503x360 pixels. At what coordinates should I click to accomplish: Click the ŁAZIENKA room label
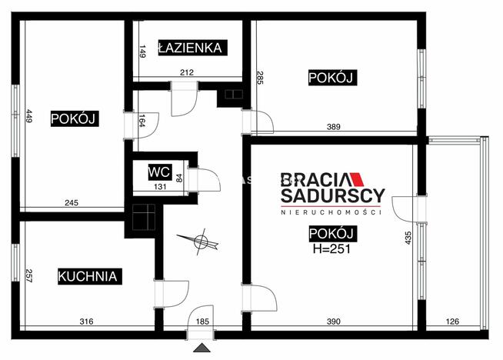click(190, 48)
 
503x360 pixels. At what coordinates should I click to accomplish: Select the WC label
click(160, 172)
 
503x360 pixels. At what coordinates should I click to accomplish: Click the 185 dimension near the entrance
click(203, 322)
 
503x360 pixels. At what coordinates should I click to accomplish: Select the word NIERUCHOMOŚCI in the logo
click(331, 212)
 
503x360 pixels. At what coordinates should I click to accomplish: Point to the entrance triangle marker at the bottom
click(202, 350)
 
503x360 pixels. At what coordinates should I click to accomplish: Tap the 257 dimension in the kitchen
click(28, 275)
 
